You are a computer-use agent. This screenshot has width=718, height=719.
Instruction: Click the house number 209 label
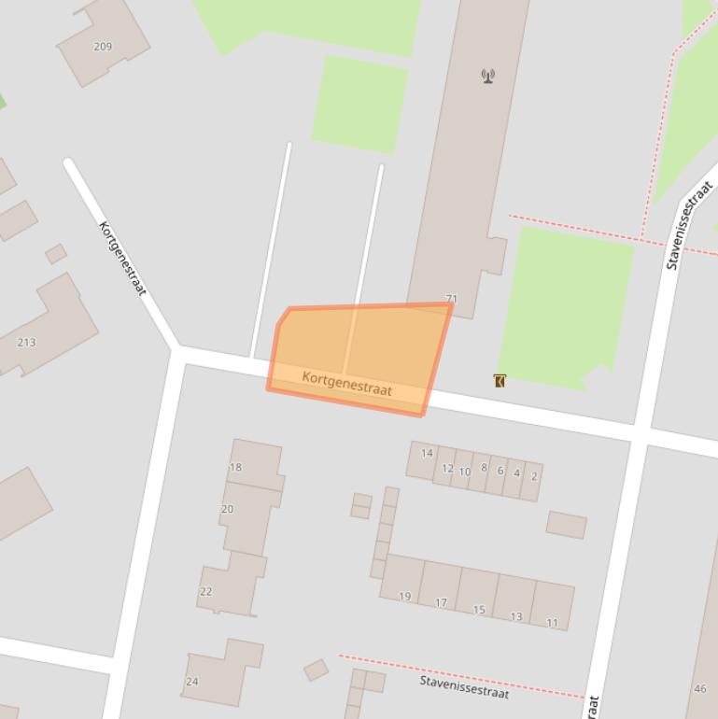pyautogui.click(x=103, y=47)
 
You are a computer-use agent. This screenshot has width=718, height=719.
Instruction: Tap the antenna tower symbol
pyautogui.click(x=487, y=76)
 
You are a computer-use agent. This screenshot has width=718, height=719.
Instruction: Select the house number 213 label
pyautogui.click(x=26, y=343)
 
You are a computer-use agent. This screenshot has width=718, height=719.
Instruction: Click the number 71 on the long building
pyautogui.click(x=451, y=300)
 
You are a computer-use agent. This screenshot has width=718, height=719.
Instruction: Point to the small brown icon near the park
pyautogui.click(x=500, y=380)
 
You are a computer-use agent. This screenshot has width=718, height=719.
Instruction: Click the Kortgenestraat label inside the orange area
pyautogui.click(x=346, y=383)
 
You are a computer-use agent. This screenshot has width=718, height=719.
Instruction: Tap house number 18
pyautogui.click(x=235, y=467)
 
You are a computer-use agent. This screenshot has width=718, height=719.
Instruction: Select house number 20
pyautogui.click(x=227, y=509)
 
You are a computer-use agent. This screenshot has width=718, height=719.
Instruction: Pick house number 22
pyautogui.click(x=205, y=591)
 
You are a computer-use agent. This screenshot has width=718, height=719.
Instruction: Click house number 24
pyautogui.click(x=191, y=682)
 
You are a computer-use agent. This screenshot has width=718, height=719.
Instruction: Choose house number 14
pyautogui.click(x=427, y=454)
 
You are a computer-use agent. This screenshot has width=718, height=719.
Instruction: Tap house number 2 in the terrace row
pyautogui.click(x=534, y=476)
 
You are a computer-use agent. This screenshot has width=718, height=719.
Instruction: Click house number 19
pyautogui.click(x=404, y=597)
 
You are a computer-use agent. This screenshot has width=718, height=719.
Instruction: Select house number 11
pyautogui.click(x=552, y=623)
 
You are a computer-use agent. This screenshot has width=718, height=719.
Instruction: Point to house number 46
pyautogui.click(x=700, y=689)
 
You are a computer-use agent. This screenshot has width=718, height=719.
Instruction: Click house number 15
pyautogui.click(x=479, y=610)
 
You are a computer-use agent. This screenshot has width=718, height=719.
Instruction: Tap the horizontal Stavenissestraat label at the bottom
pyautogui.click(x=464, y=687)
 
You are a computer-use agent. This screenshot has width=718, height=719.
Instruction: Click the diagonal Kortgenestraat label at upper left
pyautogui.click(x=122, y=259)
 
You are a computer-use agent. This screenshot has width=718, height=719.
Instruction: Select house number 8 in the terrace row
pyautogui.click(x=484, y=468)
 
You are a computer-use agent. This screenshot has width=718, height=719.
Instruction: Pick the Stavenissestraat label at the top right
pyautogui.click(x=690, y=226)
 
